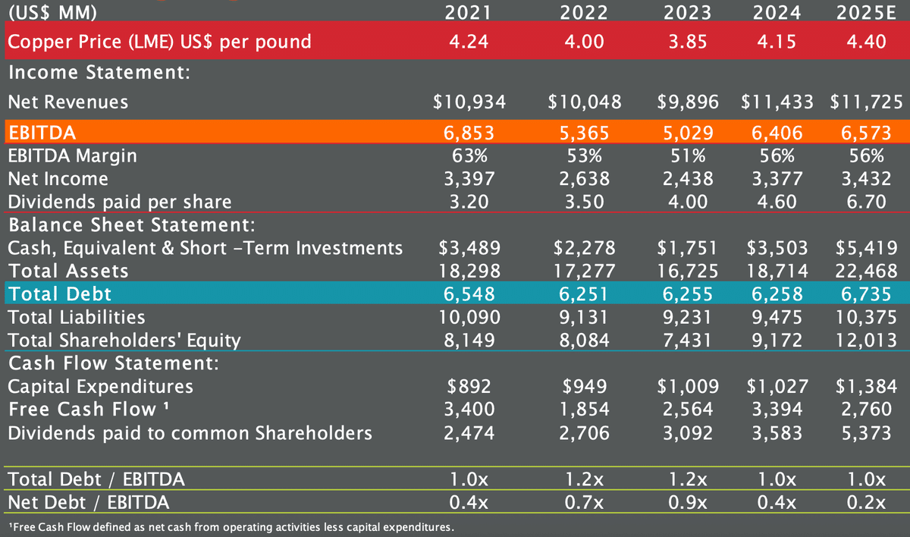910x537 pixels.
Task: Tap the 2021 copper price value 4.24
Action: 469,41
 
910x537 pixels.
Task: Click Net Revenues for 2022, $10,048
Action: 584,102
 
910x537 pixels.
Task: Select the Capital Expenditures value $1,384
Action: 867,386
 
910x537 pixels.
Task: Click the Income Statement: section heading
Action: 98,74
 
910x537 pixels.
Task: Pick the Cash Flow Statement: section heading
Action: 113,363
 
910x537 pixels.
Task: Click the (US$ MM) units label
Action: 52,12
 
